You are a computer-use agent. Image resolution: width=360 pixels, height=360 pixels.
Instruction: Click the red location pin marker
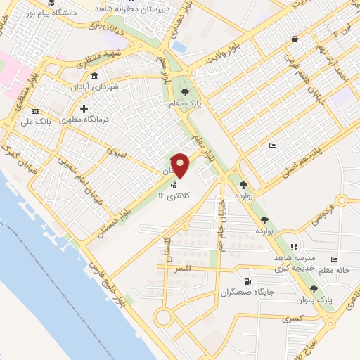coord(181,165)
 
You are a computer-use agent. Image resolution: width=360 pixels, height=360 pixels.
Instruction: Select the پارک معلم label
coord(185,103)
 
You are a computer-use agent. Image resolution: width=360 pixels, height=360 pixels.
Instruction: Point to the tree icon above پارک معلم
coord(185,92)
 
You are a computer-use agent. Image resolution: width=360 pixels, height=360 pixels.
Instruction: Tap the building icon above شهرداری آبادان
coord(94,76)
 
